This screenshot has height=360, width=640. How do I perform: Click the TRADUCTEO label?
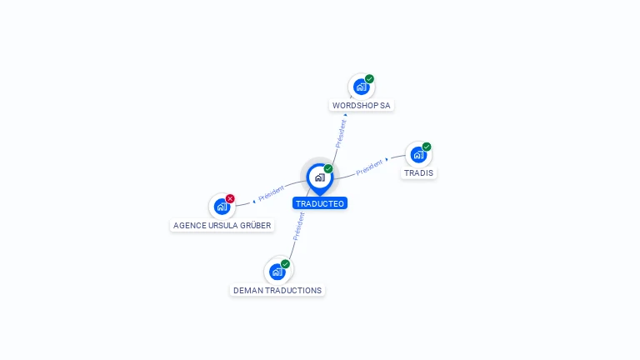[320, 203]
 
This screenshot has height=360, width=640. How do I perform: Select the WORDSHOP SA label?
[361, 105]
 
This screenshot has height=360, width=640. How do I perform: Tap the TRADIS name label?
[418, 173]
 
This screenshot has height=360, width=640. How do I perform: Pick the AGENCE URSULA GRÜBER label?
[222, 225]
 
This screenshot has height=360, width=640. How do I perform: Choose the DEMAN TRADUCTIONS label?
[277, 291]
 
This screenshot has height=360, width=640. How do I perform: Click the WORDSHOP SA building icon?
[361, 87]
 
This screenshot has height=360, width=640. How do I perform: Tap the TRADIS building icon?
[418, 155]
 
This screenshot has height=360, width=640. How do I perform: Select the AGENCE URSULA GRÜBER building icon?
[222, 207]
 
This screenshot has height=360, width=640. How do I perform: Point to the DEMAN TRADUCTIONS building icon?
[277, 272]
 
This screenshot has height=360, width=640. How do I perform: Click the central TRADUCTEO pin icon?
[320, 178]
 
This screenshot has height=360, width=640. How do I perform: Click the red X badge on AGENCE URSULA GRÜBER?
[230, 199]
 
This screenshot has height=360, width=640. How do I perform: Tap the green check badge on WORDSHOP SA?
[369, 79]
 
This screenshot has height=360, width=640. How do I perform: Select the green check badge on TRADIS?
[427, 147]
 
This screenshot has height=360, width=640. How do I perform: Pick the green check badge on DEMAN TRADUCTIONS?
[285, 264]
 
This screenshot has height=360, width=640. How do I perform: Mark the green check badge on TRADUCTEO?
[328, 168]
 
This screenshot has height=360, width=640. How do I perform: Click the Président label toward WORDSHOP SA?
[341, 133]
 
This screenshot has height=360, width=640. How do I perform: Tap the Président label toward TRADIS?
[369, 167]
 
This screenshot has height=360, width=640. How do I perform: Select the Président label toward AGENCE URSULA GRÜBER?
[272, 193]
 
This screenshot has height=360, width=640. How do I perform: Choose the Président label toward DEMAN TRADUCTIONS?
[299, 227]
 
